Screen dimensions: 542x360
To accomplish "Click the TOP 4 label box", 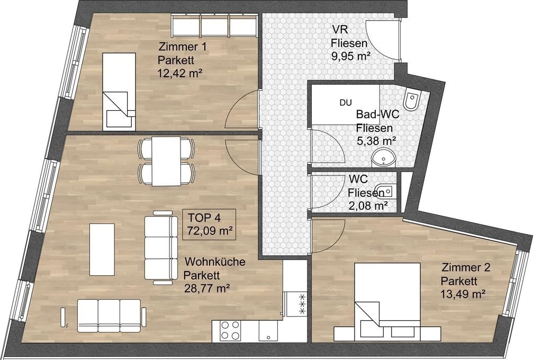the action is point(209,224).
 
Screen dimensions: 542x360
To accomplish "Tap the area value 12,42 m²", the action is point(180,73).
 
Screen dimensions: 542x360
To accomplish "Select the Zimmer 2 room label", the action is point(466,267).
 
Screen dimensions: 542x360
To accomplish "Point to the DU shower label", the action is point(346,103).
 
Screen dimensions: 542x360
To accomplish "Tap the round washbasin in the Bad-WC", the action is point(384,158).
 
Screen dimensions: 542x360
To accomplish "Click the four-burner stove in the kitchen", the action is point(231,330).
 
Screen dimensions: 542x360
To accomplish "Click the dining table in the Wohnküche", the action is point(166,161).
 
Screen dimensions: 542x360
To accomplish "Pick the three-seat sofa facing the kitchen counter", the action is point(109,316).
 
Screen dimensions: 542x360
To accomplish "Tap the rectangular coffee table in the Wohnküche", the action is point(102,249).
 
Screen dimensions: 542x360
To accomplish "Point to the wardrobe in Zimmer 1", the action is point(214,25).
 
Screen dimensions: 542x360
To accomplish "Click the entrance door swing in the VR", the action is point(382,39).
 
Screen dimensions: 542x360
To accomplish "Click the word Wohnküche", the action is point(215,262).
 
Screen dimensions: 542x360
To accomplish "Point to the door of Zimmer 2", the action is point(327,236).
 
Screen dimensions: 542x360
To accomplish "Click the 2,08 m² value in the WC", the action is point(368,206).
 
